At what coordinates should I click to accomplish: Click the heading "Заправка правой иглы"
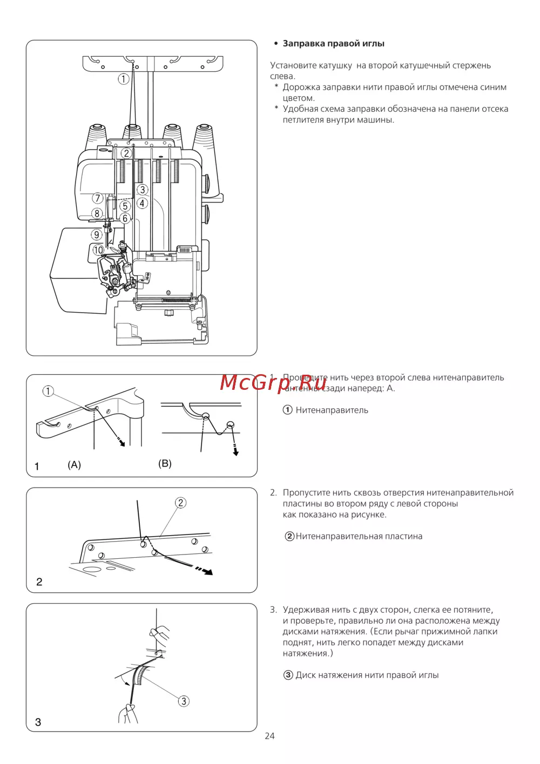333,44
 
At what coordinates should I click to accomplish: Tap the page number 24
269,736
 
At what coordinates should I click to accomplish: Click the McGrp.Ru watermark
273,382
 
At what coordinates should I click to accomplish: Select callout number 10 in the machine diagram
98,250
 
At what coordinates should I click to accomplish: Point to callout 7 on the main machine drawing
97,198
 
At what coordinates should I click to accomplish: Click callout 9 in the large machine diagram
97,234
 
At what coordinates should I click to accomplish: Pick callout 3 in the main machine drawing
142,190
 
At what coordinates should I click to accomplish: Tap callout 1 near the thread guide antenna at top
124,79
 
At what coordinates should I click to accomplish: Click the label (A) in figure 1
75,465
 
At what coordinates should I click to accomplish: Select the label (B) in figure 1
165,463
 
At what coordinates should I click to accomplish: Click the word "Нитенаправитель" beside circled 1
332,410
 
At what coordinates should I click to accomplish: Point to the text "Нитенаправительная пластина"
359,536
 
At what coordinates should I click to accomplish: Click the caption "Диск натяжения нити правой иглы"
367,675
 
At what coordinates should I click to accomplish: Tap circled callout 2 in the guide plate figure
180,503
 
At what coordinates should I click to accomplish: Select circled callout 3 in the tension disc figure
184,701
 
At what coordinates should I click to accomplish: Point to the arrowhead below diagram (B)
235,452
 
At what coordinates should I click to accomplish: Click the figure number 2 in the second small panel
39,582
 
